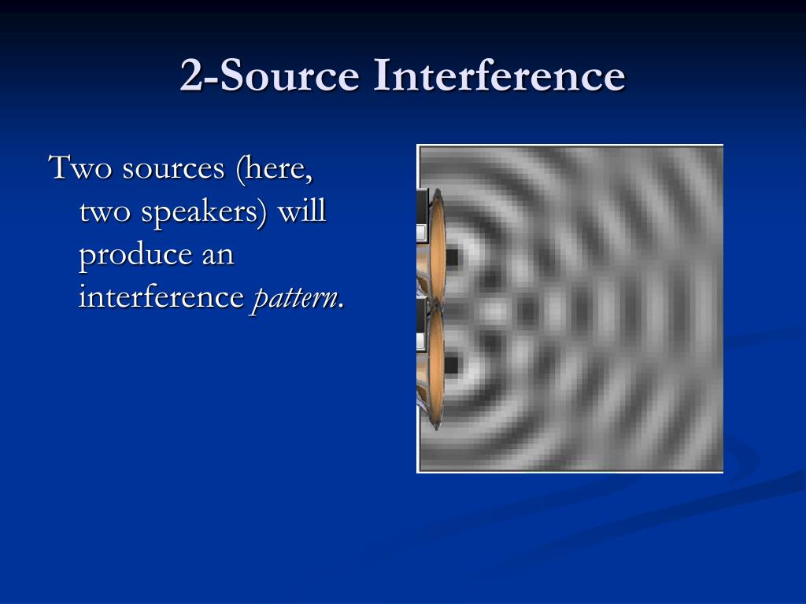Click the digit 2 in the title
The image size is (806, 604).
click(193, 75)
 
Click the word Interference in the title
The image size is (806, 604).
click(499, 75)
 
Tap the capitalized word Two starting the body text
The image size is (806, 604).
click(80, 168)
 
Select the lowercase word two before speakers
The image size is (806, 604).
click(105, 212)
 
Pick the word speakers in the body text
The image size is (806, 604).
click(204, 212)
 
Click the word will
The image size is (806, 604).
click(302, 211)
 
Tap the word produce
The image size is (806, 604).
click(135, 256)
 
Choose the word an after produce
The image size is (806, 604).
click(218, 256)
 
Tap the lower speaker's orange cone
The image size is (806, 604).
click(436, 366)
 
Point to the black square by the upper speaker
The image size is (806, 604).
click(452, 257)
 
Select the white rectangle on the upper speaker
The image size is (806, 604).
click(421, 233)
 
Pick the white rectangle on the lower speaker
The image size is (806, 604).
click(420, 341)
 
